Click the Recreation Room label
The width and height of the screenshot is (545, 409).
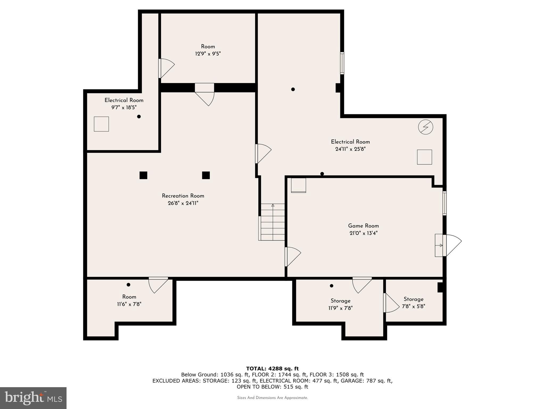[x=183, y=196]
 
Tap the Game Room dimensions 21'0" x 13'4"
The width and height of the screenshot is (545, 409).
[x=363, y=233]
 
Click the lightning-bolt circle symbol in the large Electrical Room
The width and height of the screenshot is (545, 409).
[x=426, y=127]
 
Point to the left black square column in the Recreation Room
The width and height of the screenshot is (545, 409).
[x=143, y=175]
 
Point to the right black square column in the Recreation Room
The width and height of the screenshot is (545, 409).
[x=206, y=175]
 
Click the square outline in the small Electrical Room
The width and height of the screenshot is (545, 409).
[x=101, y=124]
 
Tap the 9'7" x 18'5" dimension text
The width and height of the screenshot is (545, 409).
[x=124, y=108]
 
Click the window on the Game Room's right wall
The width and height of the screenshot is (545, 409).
[x=444, y=203]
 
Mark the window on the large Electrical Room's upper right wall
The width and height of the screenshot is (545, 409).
[x=342, y=63]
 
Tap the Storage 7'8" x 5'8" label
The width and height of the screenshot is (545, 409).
[x=413, y=299]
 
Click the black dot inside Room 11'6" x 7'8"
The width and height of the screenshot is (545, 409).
[x=128, y=285]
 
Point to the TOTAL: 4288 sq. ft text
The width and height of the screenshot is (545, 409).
[x=272, y=369]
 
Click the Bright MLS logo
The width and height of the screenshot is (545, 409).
[x=33, y=398]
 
